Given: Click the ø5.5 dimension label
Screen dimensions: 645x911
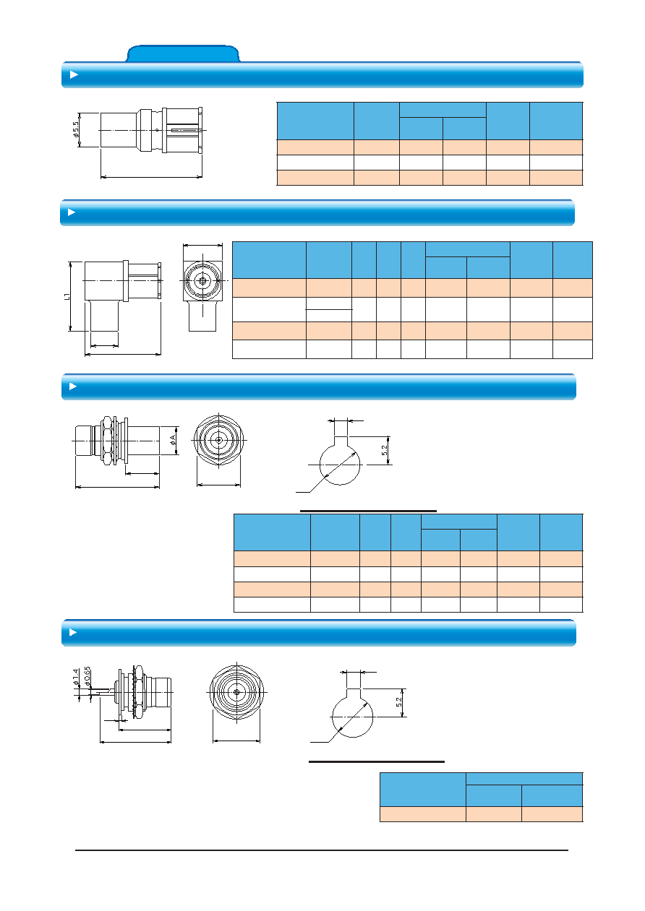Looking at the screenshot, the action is coord(75,130).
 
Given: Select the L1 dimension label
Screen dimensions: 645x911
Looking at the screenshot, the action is coord(67,296).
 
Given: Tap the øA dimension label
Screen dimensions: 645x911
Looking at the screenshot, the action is coord(173,440).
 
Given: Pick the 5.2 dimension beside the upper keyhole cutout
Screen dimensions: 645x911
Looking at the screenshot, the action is coord(384,450).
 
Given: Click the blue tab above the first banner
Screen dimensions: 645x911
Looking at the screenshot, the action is coord(182,53).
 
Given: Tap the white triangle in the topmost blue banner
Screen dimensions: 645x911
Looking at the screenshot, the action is coord(74,75).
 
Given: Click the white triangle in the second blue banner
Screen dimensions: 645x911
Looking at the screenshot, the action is coord(72,212).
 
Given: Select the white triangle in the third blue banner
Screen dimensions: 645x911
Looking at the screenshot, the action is coord(73,387).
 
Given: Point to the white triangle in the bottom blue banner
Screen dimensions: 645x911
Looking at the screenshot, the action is coord(73,632).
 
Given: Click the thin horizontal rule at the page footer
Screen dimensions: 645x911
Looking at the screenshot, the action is coord(322,850).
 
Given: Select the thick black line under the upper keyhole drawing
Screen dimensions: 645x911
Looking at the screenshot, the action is coord(368,511).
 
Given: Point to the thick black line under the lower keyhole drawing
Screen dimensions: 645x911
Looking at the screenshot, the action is coord(377,761).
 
